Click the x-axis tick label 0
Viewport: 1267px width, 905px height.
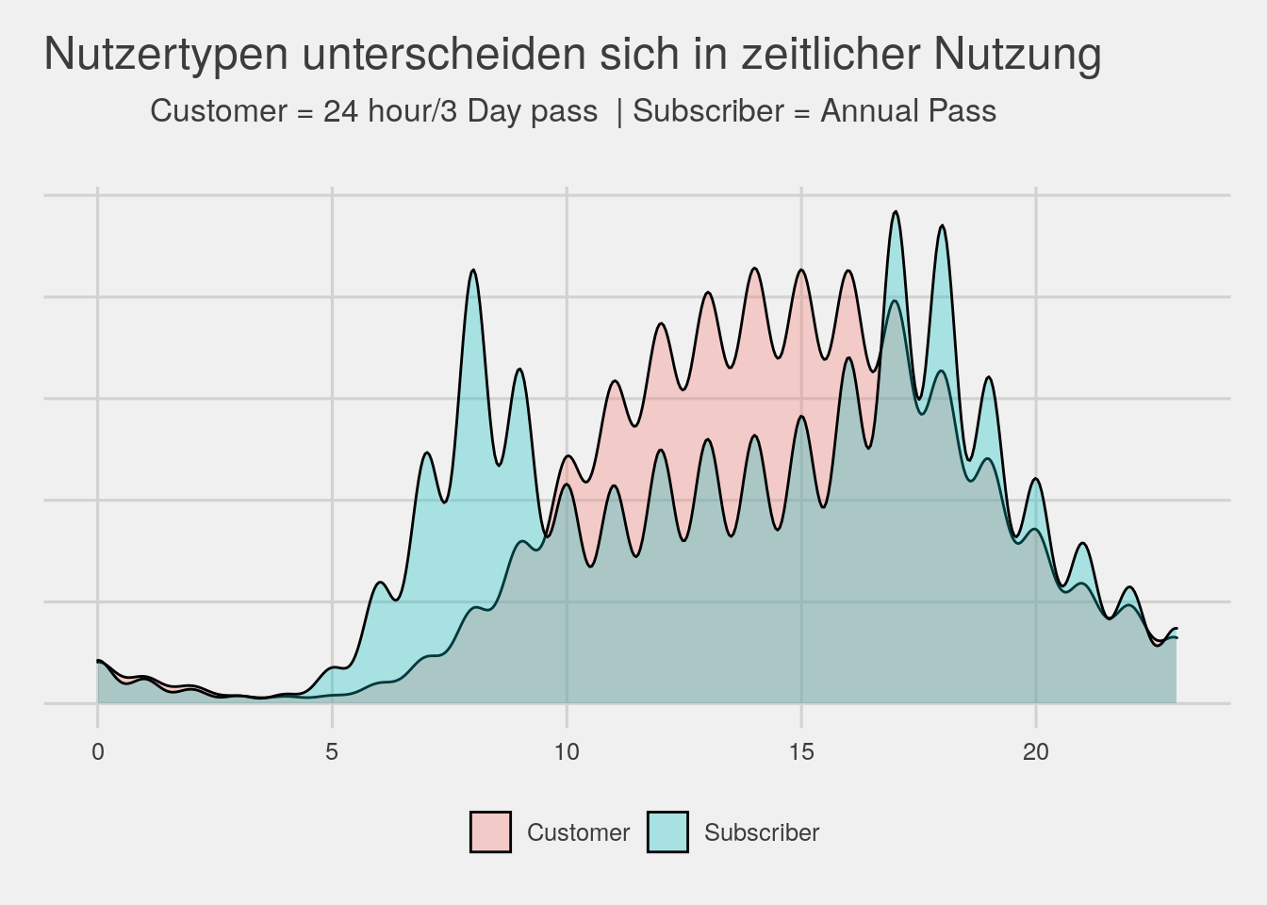click(x=98, y=752)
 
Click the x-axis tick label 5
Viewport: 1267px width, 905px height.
click(x=332, y=752)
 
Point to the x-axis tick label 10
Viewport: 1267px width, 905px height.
click(x=566, y=752)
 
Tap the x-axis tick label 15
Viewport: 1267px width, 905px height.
click(x=800, y=752)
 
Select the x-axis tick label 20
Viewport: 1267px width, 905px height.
click(x=1035, y=752)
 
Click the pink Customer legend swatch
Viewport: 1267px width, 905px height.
click(x=490, y=832)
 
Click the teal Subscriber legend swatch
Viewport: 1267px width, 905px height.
click(x=667, y=832)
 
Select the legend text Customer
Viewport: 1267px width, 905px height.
click(x=578, y=833)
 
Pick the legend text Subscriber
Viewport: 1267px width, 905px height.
click(x=762, y=833)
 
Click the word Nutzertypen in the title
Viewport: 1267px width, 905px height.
click(x=166, y=55)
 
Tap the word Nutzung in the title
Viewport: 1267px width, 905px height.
click(x=1017, y=55)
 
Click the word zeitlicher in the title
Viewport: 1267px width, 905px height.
click(x=829, y=55)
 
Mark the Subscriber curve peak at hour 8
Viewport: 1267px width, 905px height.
click(x=473, y=271)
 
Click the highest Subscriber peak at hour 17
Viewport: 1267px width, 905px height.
click(x=896, y=212)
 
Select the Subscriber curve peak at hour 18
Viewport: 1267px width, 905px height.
click(x=942, y=226)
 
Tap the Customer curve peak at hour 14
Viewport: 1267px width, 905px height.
click(x=754, y=269)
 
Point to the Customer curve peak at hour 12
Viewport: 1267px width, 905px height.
click(x=662, y=323)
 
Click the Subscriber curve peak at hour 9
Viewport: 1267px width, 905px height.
click(x=519, y=369)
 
